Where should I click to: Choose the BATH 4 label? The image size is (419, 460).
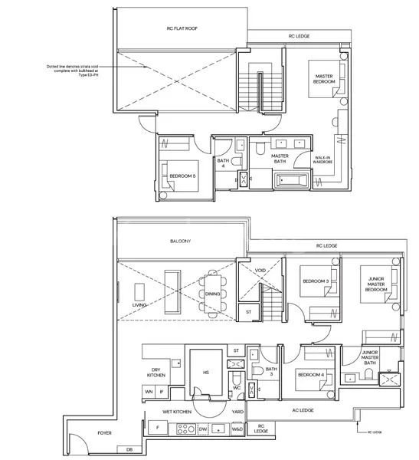pos(221,163)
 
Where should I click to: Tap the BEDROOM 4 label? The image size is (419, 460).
pos(310,374)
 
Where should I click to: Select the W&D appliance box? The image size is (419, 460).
pos(238,430)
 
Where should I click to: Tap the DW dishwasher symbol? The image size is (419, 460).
pos(204,430)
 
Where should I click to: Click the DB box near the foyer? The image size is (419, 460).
pos(129,449)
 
